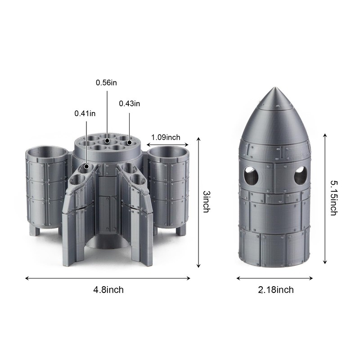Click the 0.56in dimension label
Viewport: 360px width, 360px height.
[106, 83]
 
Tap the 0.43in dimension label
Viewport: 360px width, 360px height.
[130, 104]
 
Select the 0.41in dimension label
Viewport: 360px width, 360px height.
[85, 114]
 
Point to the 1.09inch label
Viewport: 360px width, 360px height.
[166, 137]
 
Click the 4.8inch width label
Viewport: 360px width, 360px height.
[108, 290]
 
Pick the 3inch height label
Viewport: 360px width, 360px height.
[207, 202]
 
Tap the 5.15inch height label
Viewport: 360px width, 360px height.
[333, 198]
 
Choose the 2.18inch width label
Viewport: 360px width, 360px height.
[276, 290]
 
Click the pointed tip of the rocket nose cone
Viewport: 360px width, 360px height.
[275, 87]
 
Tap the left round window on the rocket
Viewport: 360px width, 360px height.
[251, 175]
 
